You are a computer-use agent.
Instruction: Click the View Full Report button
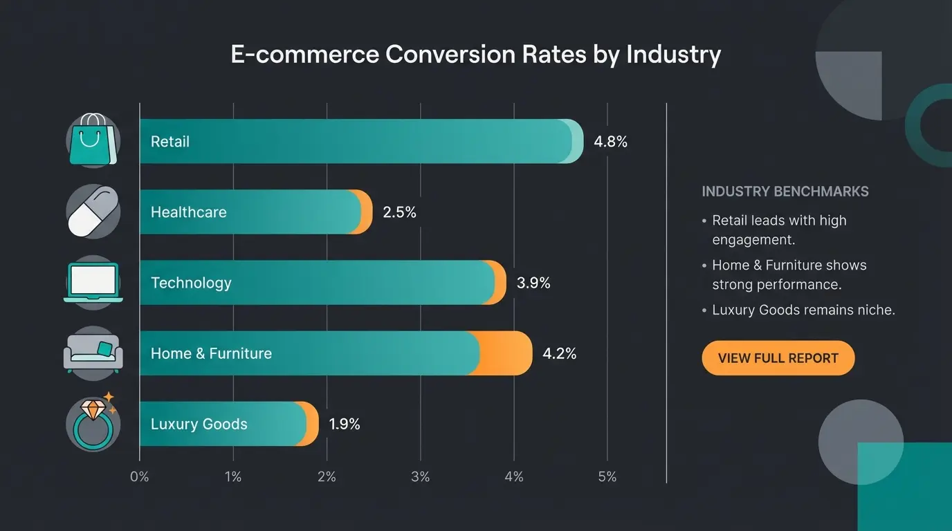pos(778,358)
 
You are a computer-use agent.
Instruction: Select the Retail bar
pos(360,142)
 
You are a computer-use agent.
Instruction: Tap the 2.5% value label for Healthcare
pos(399,212)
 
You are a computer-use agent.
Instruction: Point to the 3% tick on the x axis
pos(420,477)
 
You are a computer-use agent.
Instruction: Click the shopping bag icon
pos(93,141)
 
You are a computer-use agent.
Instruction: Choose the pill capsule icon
pos(93,212)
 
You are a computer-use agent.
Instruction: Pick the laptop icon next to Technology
pos(93,282)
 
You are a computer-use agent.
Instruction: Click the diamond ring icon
pos(93,423)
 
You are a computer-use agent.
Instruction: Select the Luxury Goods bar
pos(228,424)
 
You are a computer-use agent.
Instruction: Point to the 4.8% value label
pos(610,142)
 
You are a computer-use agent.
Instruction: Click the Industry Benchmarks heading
pos(785,192)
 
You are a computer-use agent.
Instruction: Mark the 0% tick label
pos(139,477)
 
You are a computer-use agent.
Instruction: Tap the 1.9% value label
pos(344,424)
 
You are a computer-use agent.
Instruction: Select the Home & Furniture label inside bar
pos(211,353)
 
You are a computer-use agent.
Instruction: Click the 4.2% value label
pos(559,353)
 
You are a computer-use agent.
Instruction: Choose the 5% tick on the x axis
pos(607,477)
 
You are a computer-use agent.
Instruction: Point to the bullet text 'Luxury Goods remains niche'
pos(803,310)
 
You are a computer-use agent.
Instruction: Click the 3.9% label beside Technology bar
pos(533,283)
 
